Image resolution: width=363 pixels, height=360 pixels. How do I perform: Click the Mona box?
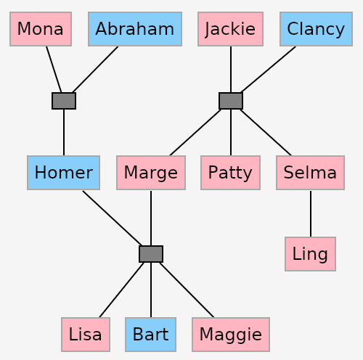(x=41, y=29)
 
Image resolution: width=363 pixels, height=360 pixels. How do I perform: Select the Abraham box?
(x=135, y=29)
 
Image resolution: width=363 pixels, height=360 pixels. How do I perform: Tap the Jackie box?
(x=230, y=29)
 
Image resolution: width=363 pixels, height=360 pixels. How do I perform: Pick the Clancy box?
(x=316, y=29)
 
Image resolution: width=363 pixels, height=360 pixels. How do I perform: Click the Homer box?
(x=64, y=173)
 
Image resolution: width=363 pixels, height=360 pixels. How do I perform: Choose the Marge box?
(x=151, y=173)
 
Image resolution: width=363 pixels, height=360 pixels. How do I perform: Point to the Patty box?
(x=230, y=173)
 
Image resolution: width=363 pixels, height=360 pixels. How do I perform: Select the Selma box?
(x=311, y=173)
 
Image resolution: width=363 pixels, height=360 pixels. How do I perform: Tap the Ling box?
(x=311, y=254)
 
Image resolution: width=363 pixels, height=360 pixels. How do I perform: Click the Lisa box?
(x=86, y=335)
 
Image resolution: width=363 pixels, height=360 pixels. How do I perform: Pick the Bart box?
(x=151, y=335)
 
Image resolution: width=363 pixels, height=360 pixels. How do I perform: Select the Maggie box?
(x=231, y=335)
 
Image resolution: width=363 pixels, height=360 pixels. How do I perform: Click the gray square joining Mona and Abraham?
(x=64, y=101)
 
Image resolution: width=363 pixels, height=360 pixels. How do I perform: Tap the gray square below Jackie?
(x=231, y=101)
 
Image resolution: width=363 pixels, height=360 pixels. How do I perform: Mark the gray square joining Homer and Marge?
(x=151, y=254)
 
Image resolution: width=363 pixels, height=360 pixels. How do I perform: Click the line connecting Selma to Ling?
(x=311, y=213)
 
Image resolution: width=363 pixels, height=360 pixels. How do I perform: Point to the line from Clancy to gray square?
(x=269, y=69)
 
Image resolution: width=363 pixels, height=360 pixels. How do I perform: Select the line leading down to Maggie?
(x=187, y=290)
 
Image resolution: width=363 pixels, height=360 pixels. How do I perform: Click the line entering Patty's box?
(x=231, y=132)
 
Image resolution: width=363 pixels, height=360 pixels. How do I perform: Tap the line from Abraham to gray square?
(x=95, y=69)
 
